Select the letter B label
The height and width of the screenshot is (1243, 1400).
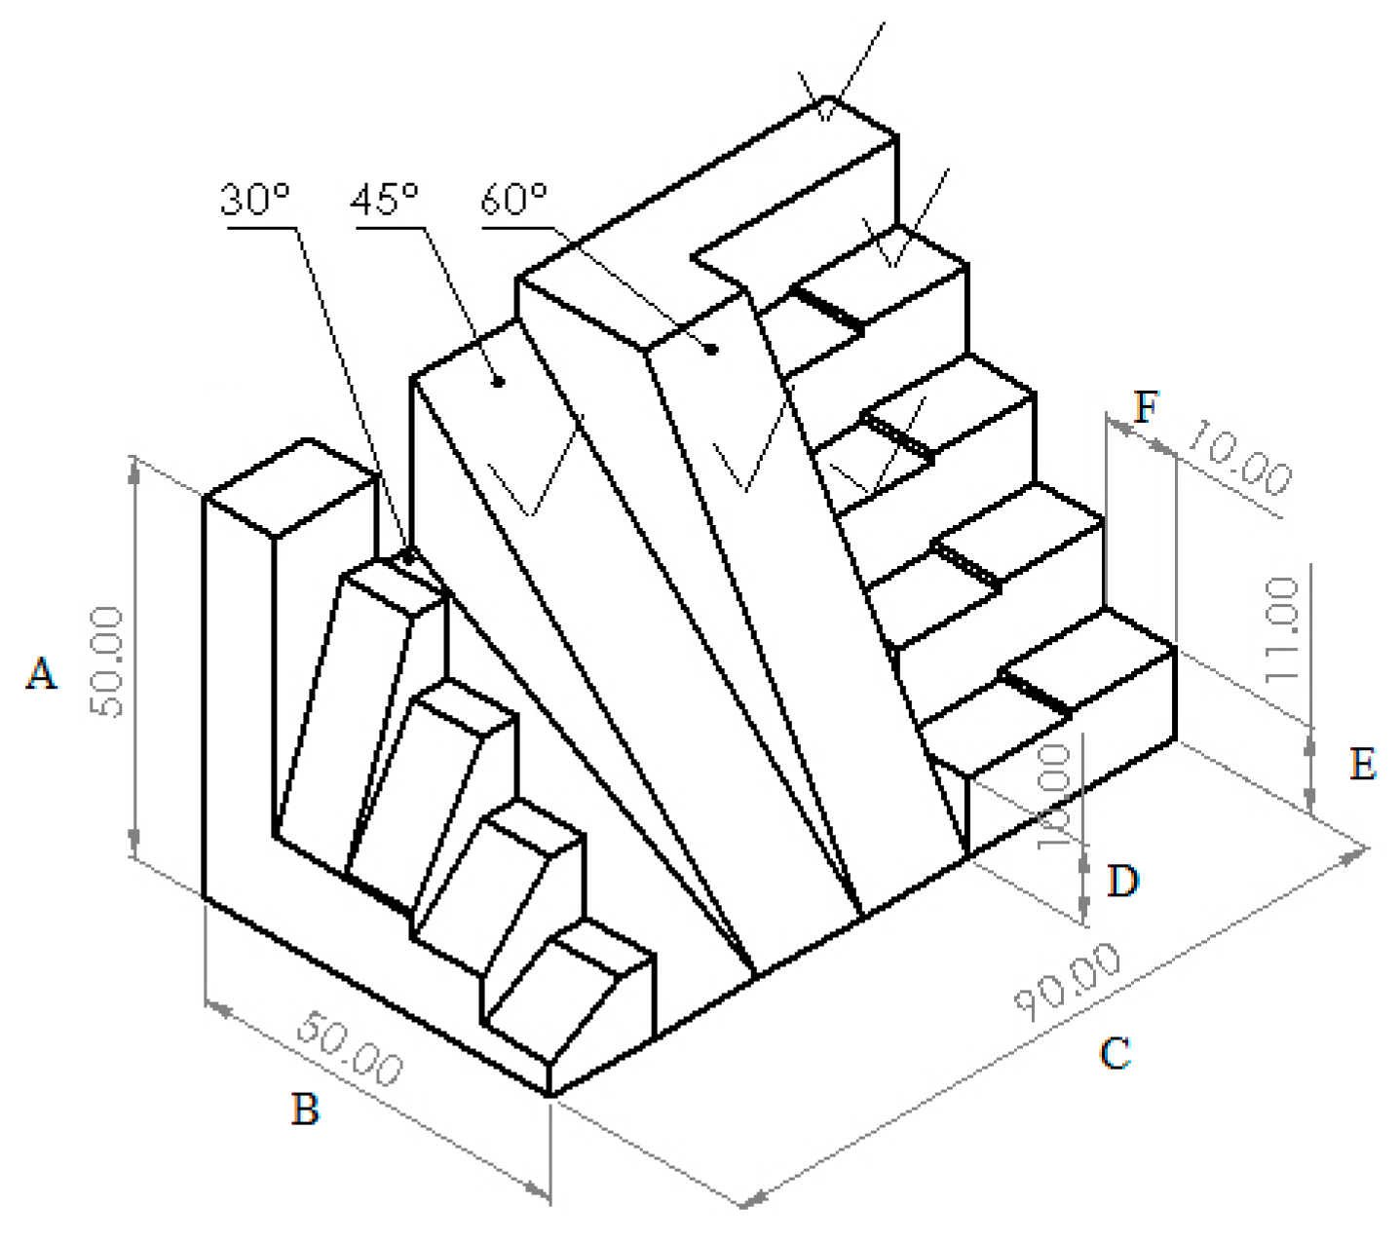point(305,1109)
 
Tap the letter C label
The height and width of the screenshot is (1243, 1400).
point(1115,1053)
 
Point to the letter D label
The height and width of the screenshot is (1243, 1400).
point(1123,881)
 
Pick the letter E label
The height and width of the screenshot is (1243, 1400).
point(1363,764)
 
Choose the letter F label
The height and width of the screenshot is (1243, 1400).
point(1147,407)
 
